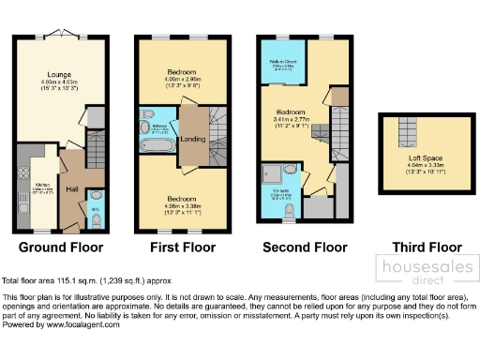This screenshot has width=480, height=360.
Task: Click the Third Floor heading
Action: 414,248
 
